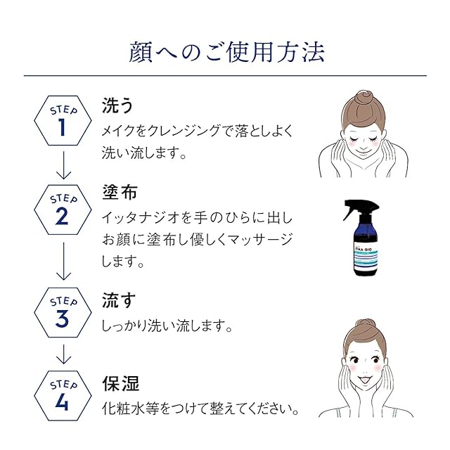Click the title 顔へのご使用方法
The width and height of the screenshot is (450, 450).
[225, 53]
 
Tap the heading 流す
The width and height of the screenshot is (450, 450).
[118, 300]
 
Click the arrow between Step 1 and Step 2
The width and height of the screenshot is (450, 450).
[63, 165]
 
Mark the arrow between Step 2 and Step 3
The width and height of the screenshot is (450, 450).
[63, 261]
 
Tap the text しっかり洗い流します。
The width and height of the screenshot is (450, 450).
[167, 327]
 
